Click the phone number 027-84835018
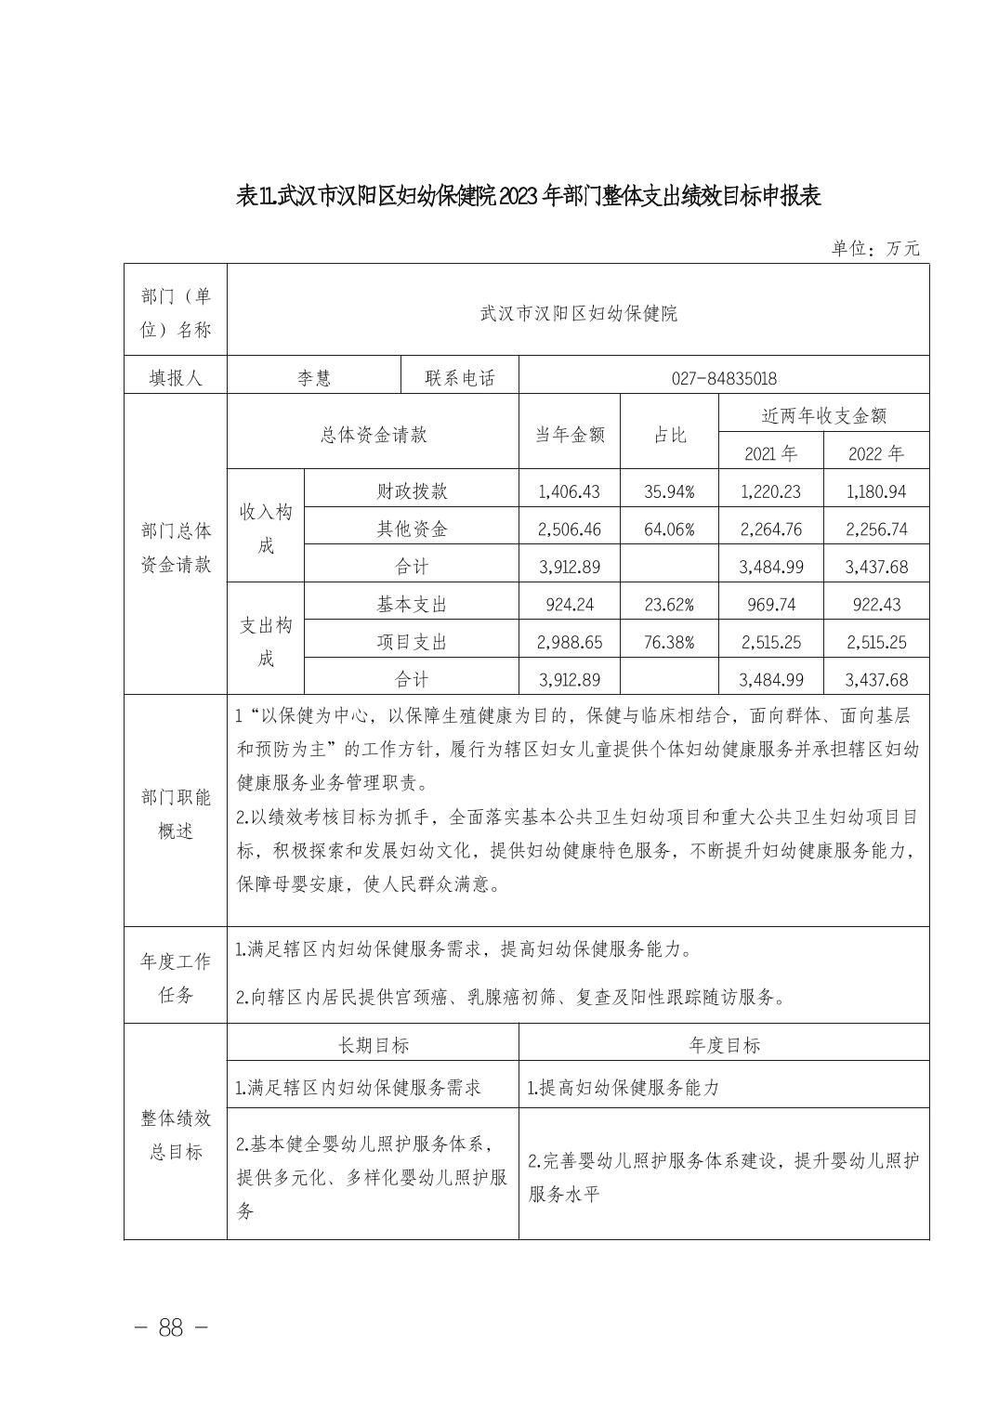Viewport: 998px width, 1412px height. click(723, 378)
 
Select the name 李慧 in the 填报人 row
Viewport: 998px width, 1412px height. click(313, 378)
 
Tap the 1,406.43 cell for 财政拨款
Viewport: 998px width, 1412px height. click(569, 491)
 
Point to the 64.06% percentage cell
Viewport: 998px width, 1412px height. click(669, 529)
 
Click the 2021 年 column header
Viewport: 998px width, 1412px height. click(770, 453)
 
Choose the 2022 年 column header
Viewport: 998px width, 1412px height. click(875, 453)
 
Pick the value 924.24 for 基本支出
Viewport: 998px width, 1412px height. click(569, 605)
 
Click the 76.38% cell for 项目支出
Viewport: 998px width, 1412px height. click(669, 642)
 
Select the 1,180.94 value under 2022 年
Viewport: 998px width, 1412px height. click(875, 491)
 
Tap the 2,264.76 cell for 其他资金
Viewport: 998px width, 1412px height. click(770, 529)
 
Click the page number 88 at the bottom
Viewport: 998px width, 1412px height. click(171, 1327)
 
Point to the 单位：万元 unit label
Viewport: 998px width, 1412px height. click(874, 248)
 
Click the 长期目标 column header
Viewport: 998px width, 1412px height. click(373, 1045)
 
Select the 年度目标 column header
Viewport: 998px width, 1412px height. click(724, 1045)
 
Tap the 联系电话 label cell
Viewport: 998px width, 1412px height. click(460, 378)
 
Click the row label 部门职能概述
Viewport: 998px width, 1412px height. click(176, 814)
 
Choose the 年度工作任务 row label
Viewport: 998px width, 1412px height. click(176, 977)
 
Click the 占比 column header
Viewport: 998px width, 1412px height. click(669, 434)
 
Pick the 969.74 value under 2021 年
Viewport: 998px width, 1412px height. click(770, 605)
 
